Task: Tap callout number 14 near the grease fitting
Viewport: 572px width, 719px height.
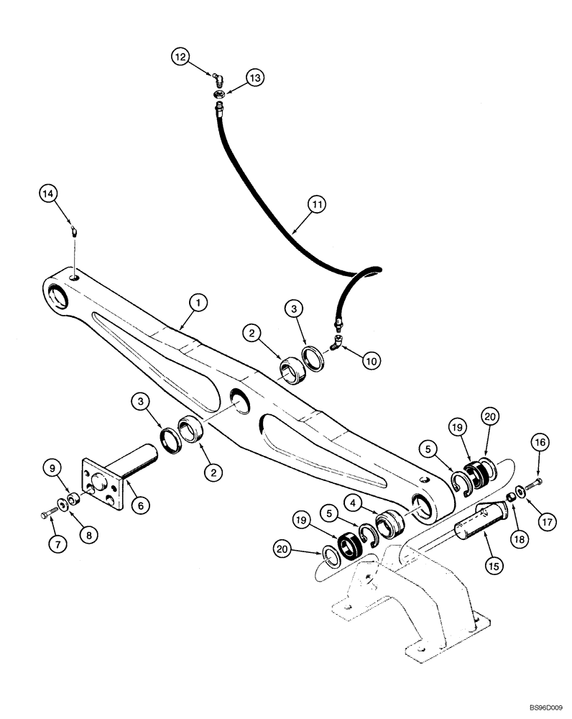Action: [47, 193]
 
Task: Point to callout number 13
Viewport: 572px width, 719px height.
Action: [255, 77]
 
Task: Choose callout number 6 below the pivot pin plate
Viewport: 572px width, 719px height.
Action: [140, 506]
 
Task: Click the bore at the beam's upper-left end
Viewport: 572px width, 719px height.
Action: [57, 295]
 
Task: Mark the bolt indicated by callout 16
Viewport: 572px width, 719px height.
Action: [538, 481]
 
